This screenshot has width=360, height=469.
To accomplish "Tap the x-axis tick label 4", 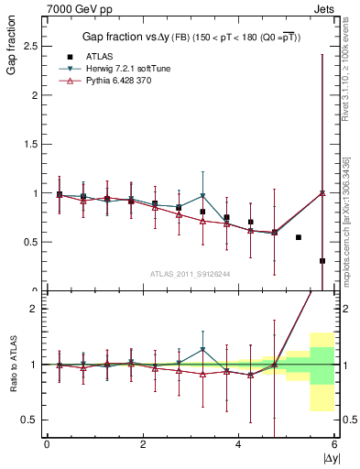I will click(239, 446).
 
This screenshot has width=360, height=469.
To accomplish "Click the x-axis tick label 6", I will click(334, 446).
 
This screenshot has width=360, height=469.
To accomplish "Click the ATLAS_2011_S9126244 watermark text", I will click(190, 273).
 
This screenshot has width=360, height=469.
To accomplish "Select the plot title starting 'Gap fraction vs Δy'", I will click(190, 36).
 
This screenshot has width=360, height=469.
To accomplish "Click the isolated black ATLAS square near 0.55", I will click(299, 237).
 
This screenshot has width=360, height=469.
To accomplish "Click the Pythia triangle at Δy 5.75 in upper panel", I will click(322, 193).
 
